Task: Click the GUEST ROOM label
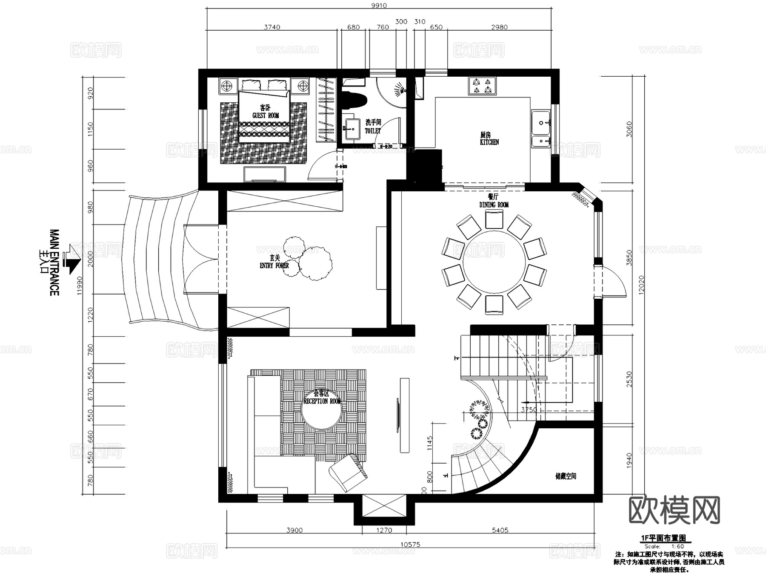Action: click(266, 115)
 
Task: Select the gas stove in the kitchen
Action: click(482, 86)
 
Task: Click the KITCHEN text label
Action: click(489, 142)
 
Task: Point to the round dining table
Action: click(494, 262)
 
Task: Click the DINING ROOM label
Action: click(494, 205)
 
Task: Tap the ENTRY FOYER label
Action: click(274, 265)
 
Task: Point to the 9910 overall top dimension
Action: click(379, 6)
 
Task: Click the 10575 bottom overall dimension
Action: click(410, 544)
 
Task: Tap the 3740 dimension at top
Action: click(272, 27)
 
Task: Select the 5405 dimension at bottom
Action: click(500, 530)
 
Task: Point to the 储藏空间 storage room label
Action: click(566, 476)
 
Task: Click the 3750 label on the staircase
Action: click(529, 410)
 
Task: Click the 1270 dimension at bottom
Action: click(384, 530)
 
